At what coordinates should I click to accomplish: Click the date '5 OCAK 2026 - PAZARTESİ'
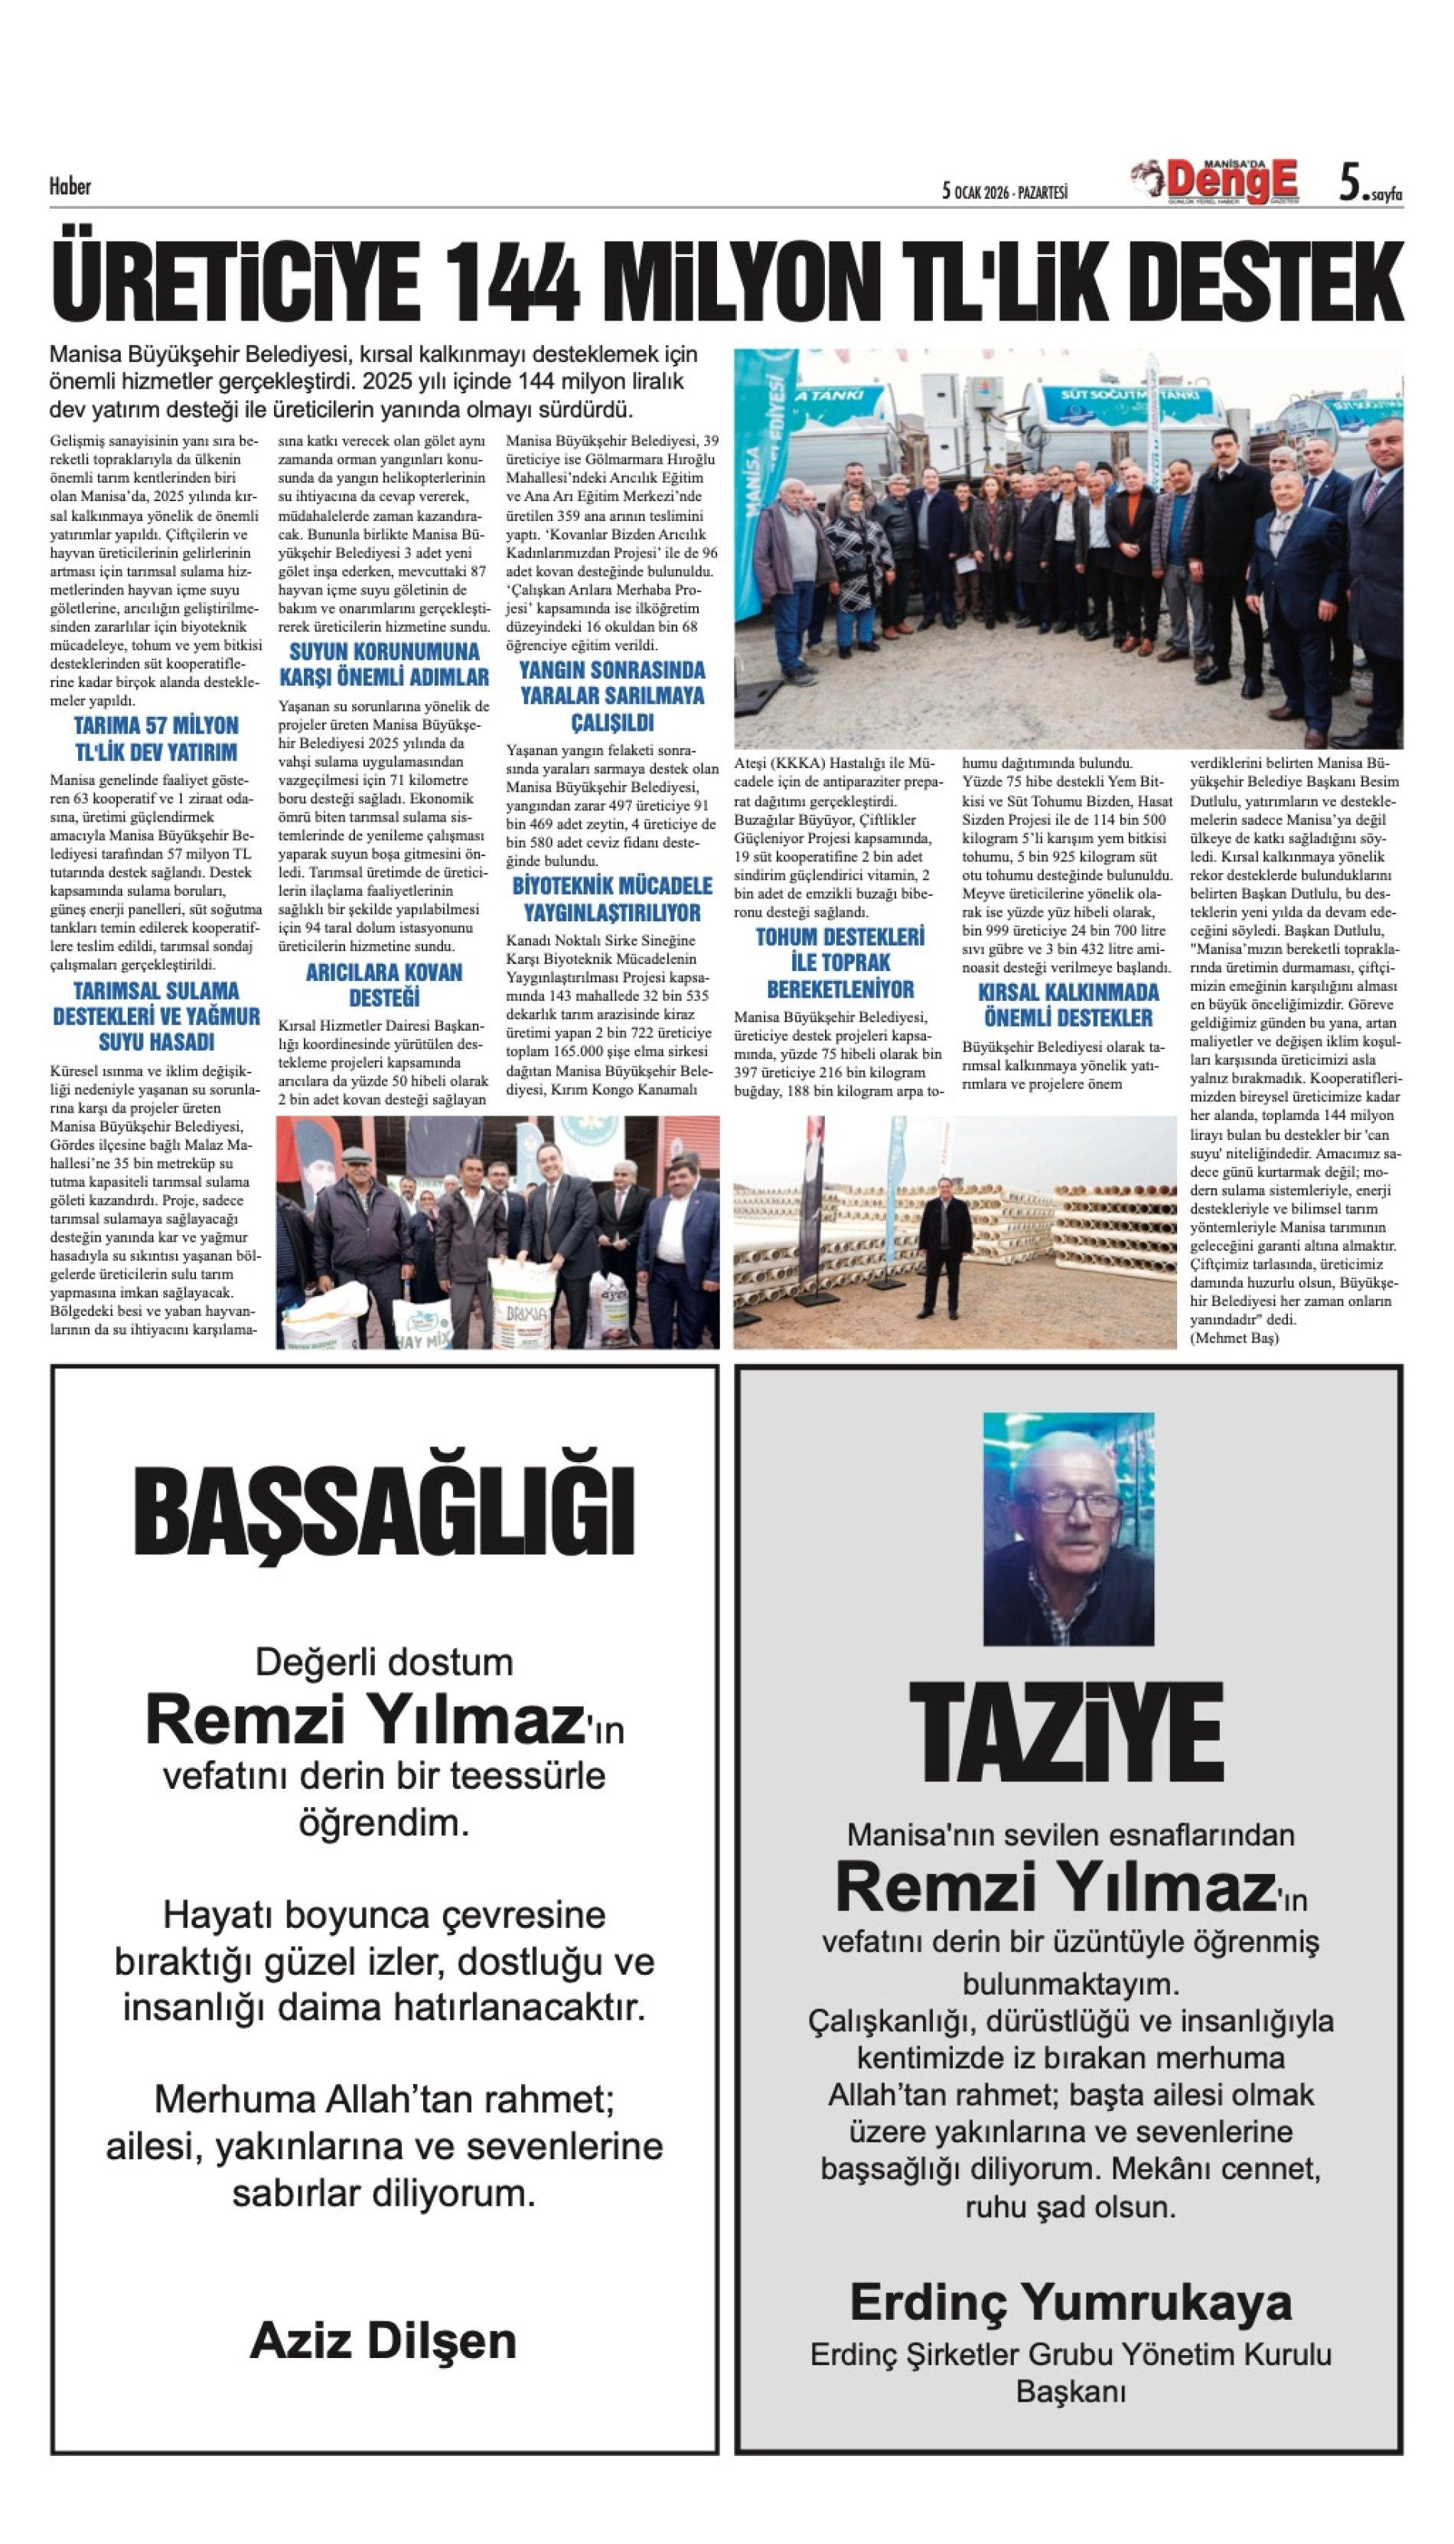tap(1005, 191)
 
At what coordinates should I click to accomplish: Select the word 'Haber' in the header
tap(70, 186)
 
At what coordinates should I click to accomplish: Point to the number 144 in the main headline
tap(512, 282)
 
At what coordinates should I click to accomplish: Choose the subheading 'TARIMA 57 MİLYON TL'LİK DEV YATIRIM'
tap(156, 739)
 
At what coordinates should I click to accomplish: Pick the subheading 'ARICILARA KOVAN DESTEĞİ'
tap(383, 985)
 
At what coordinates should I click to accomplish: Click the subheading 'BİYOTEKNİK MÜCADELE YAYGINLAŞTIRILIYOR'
tap(612, 898)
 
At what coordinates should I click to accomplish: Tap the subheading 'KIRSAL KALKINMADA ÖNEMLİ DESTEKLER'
tap(1068, 1005)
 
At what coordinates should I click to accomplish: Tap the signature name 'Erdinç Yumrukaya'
tap(1071, 2302)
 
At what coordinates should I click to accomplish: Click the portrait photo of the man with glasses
tap(1068, 1528)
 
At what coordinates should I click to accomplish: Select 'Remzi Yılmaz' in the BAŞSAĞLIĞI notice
tap(364, 1719)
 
